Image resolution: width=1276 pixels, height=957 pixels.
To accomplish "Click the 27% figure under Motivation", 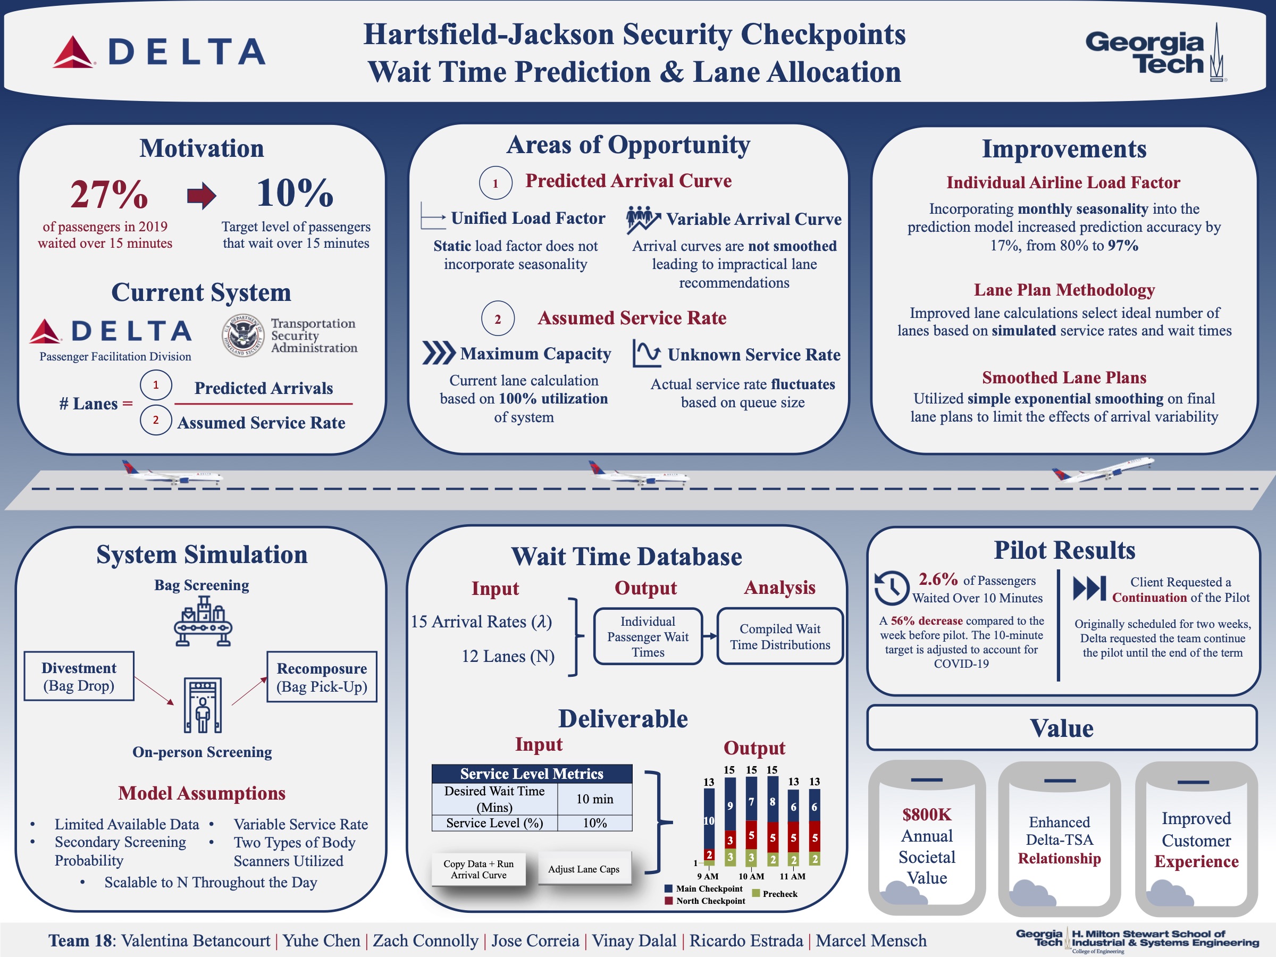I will pyautogui.click(x=109, y=194).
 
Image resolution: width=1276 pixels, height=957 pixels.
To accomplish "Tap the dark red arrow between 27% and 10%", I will pyautogui.click(x=202, y=196).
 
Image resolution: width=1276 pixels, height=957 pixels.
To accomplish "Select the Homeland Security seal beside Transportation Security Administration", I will pyautogui.click(x=244, y=335).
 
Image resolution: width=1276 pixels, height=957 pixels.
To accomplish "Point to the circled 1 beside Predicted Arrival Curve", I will pyautogui.click(x=495, y=183).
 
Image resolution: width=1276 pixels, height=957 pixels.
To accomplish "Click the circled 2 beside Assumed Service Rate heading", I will pyautogui.click(x=497, y=318).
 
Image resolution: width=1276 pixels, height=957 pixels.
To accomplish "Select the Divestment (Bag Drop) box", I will pyautogui.click(x=79, y=676).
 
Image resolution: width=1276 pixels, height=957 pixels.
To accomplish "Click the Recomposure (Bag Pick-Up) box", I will pyautogui.click(x=321, y=677).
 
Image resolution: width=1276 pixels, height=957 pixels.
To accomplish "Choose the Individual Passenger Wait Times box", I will pyautogui.click(x=648, y=636).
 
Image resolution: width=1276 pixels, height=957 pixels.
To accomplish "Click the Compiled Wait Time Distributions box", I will pyautogui.click(x=780, y=636).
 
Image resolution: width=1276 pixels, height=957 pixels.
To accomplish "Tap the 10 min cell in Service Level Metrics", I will pyautogui.click(x=595, y=799).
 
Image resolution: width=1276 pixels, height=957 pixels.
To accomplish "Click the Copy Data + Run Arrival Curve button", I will pyautogui.click(x=478, y=869).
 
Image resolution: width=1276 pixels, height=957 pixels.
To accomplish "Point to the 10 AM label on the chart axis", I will pyautogui.click(x=751, y=876).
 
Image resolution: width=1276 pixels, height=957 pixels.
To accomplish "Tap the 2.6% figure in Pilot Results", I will pyautogui.click(x=938, y=579).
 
